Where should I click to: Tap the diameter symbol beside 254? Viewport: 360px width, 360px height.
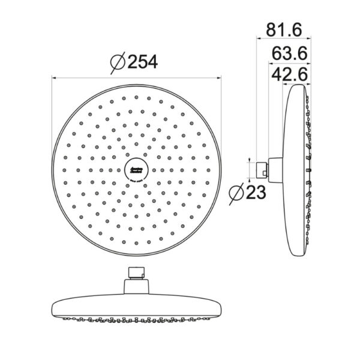coord(118,62)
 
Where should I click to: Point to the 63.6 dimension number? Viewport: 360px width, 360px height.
coord(290,53)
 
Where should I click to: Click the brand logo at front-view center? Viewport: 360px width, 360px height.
coord(136,170)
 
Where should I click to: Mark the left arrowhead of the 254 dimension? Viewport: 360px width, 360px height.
coord(55,77)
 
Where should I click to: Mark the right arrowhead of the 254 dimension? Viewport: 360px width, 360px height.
coord(218,77)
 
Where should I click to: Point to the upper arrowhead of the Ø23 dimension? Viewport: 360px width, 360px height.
coord(250,161)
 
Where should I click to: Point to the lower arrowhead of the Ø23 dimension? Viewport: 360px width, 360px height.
coord(250,178)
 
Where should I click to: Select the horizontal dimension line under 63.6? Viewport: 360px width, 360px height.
coord(287,62)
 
